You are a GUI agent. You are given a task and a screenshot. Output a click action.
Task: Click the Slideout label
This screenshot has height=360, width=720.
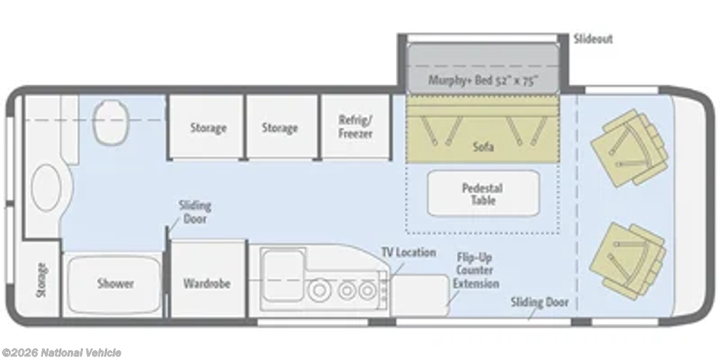tap(593, 39)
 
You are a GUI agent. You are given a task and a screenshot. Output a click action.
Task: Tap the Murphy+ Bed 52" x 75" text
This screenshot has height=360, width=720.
tap(483, 80)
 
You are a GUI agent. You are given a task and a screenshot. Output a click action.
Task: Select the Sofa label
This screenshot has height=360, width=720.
tap(483, 147)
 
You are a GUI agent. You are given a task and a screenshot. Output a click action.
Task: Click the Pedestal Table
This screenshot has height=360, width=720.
tap(483, 193)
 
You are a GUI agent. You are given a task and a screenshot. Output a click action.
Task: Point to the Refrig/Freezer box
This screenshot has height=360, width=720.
tap(355, 127)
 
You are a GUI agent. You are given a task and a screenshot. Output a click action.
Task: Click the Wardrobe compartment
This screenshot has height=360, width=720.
tap(208, 278)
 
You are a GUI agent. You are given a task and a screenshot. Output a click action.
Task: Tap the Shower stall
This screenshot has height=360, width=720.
tap(115, 284)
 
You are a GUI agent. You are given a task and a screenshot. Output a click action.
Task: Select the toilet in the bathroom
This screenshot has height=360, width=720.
tap(110, 122)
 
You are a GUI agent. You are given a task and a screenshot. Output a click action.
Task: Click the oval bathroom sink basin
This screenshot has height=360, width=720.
tap(46, 188)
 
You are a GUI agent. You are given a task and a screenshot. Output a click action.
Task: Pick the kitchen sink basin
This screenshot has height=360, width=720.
tap(283, 275)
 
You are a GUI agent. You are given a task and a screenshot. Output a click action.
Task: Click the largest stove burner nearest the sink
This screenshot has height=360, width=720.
tap(320, 290)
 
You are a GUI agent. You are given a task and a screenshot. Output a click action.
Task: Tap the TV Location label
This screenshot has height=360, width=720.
tap(409, 252)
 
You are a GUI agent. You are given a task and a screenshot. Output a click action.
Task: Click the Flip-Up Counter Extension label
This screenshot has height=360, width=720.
tap(476, 271)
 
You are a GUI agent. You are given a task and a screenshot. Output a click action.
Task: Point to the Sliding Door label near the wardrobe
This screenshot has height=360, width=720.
tap(195, 212)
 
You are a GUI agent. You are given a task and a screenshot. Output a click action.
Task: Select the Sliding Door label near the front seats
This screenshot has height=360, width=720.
tap(539, 302)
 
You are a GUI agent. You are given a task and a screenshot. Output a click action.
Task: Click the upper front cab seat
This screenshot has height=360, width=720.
tap(629, 148)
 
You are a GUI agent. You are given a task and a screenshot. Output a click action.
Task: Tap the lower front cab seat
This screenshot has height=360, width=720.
tap(628, 261)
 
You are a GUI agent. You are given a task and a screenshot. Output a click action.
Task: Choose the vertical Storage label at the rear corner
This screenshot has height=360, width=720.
tap(41, 280)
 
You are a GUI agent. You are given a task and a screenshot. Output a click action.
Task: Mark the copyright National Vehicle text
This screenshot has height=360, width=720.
tap(61, 353)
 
